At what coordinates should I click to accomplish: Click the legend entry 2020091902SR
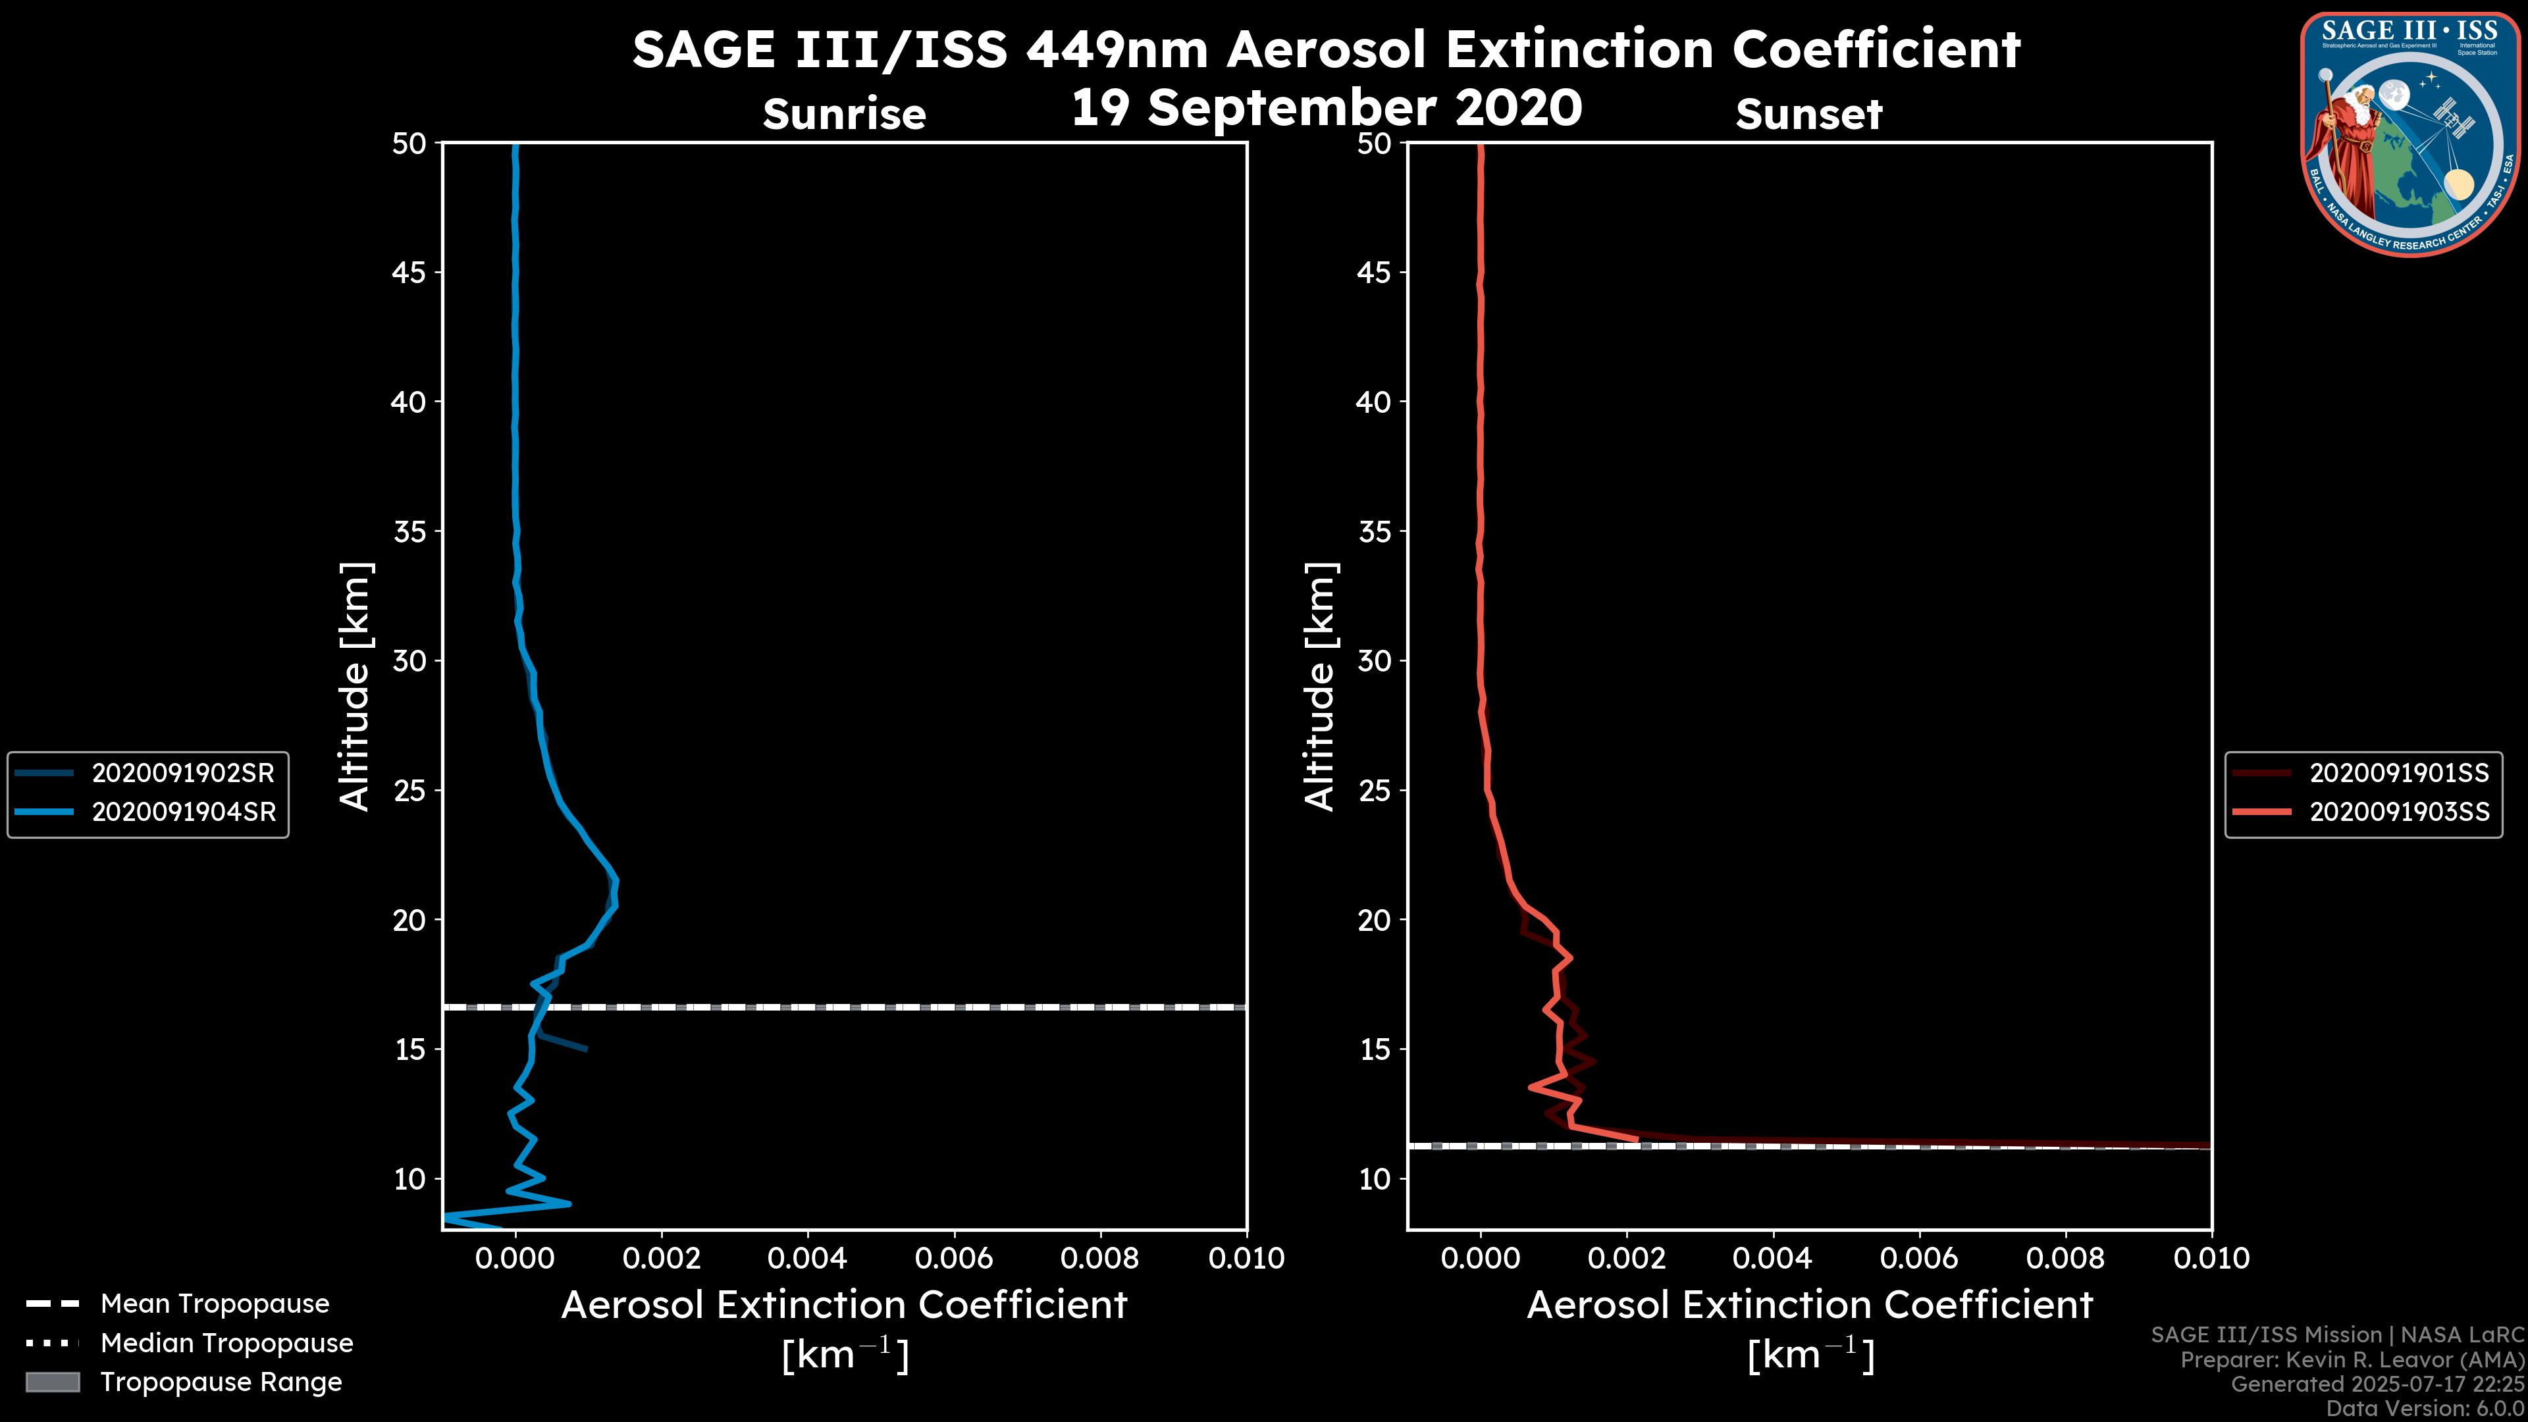pos(182,774)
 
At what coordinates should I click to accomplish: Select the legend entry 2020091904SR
pos(182,812)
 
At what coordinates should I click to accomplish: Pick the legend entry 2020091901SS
pos(2398,774)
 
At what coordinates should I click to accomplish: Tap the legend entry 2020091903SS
pos(2398,812)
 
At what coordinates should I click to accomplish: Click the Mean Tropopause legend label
pos(215,1303)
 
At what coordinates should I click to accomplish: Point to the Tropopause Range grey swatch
pos(53,1382)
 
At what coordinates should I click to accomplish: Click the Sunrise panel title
pos(844,114)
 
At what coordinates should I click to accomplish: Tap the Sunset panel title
pos(1808,114)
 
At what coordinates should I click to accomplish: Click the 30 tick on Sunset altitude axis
pos(1374,660)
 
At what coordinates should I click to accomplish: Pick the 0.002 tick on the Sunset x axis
pos(1626,1258)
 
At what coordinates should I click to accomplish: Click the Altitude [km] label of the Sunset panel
pos(1320,686)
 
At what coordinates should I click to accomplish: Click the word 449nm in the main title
pos(1117,49)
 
